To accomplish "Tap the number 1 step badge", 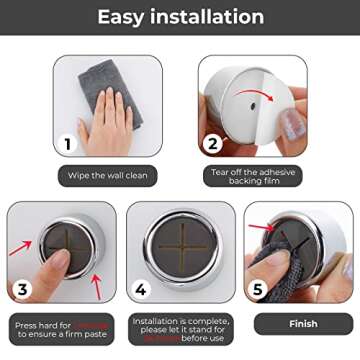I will (x=68, y=144).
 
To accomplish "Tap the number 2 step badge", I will (x=212, y=144).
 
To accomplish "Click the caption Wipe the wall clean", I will (x=107, y=176).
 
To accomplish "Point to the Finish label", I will (x=303, y=324).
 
